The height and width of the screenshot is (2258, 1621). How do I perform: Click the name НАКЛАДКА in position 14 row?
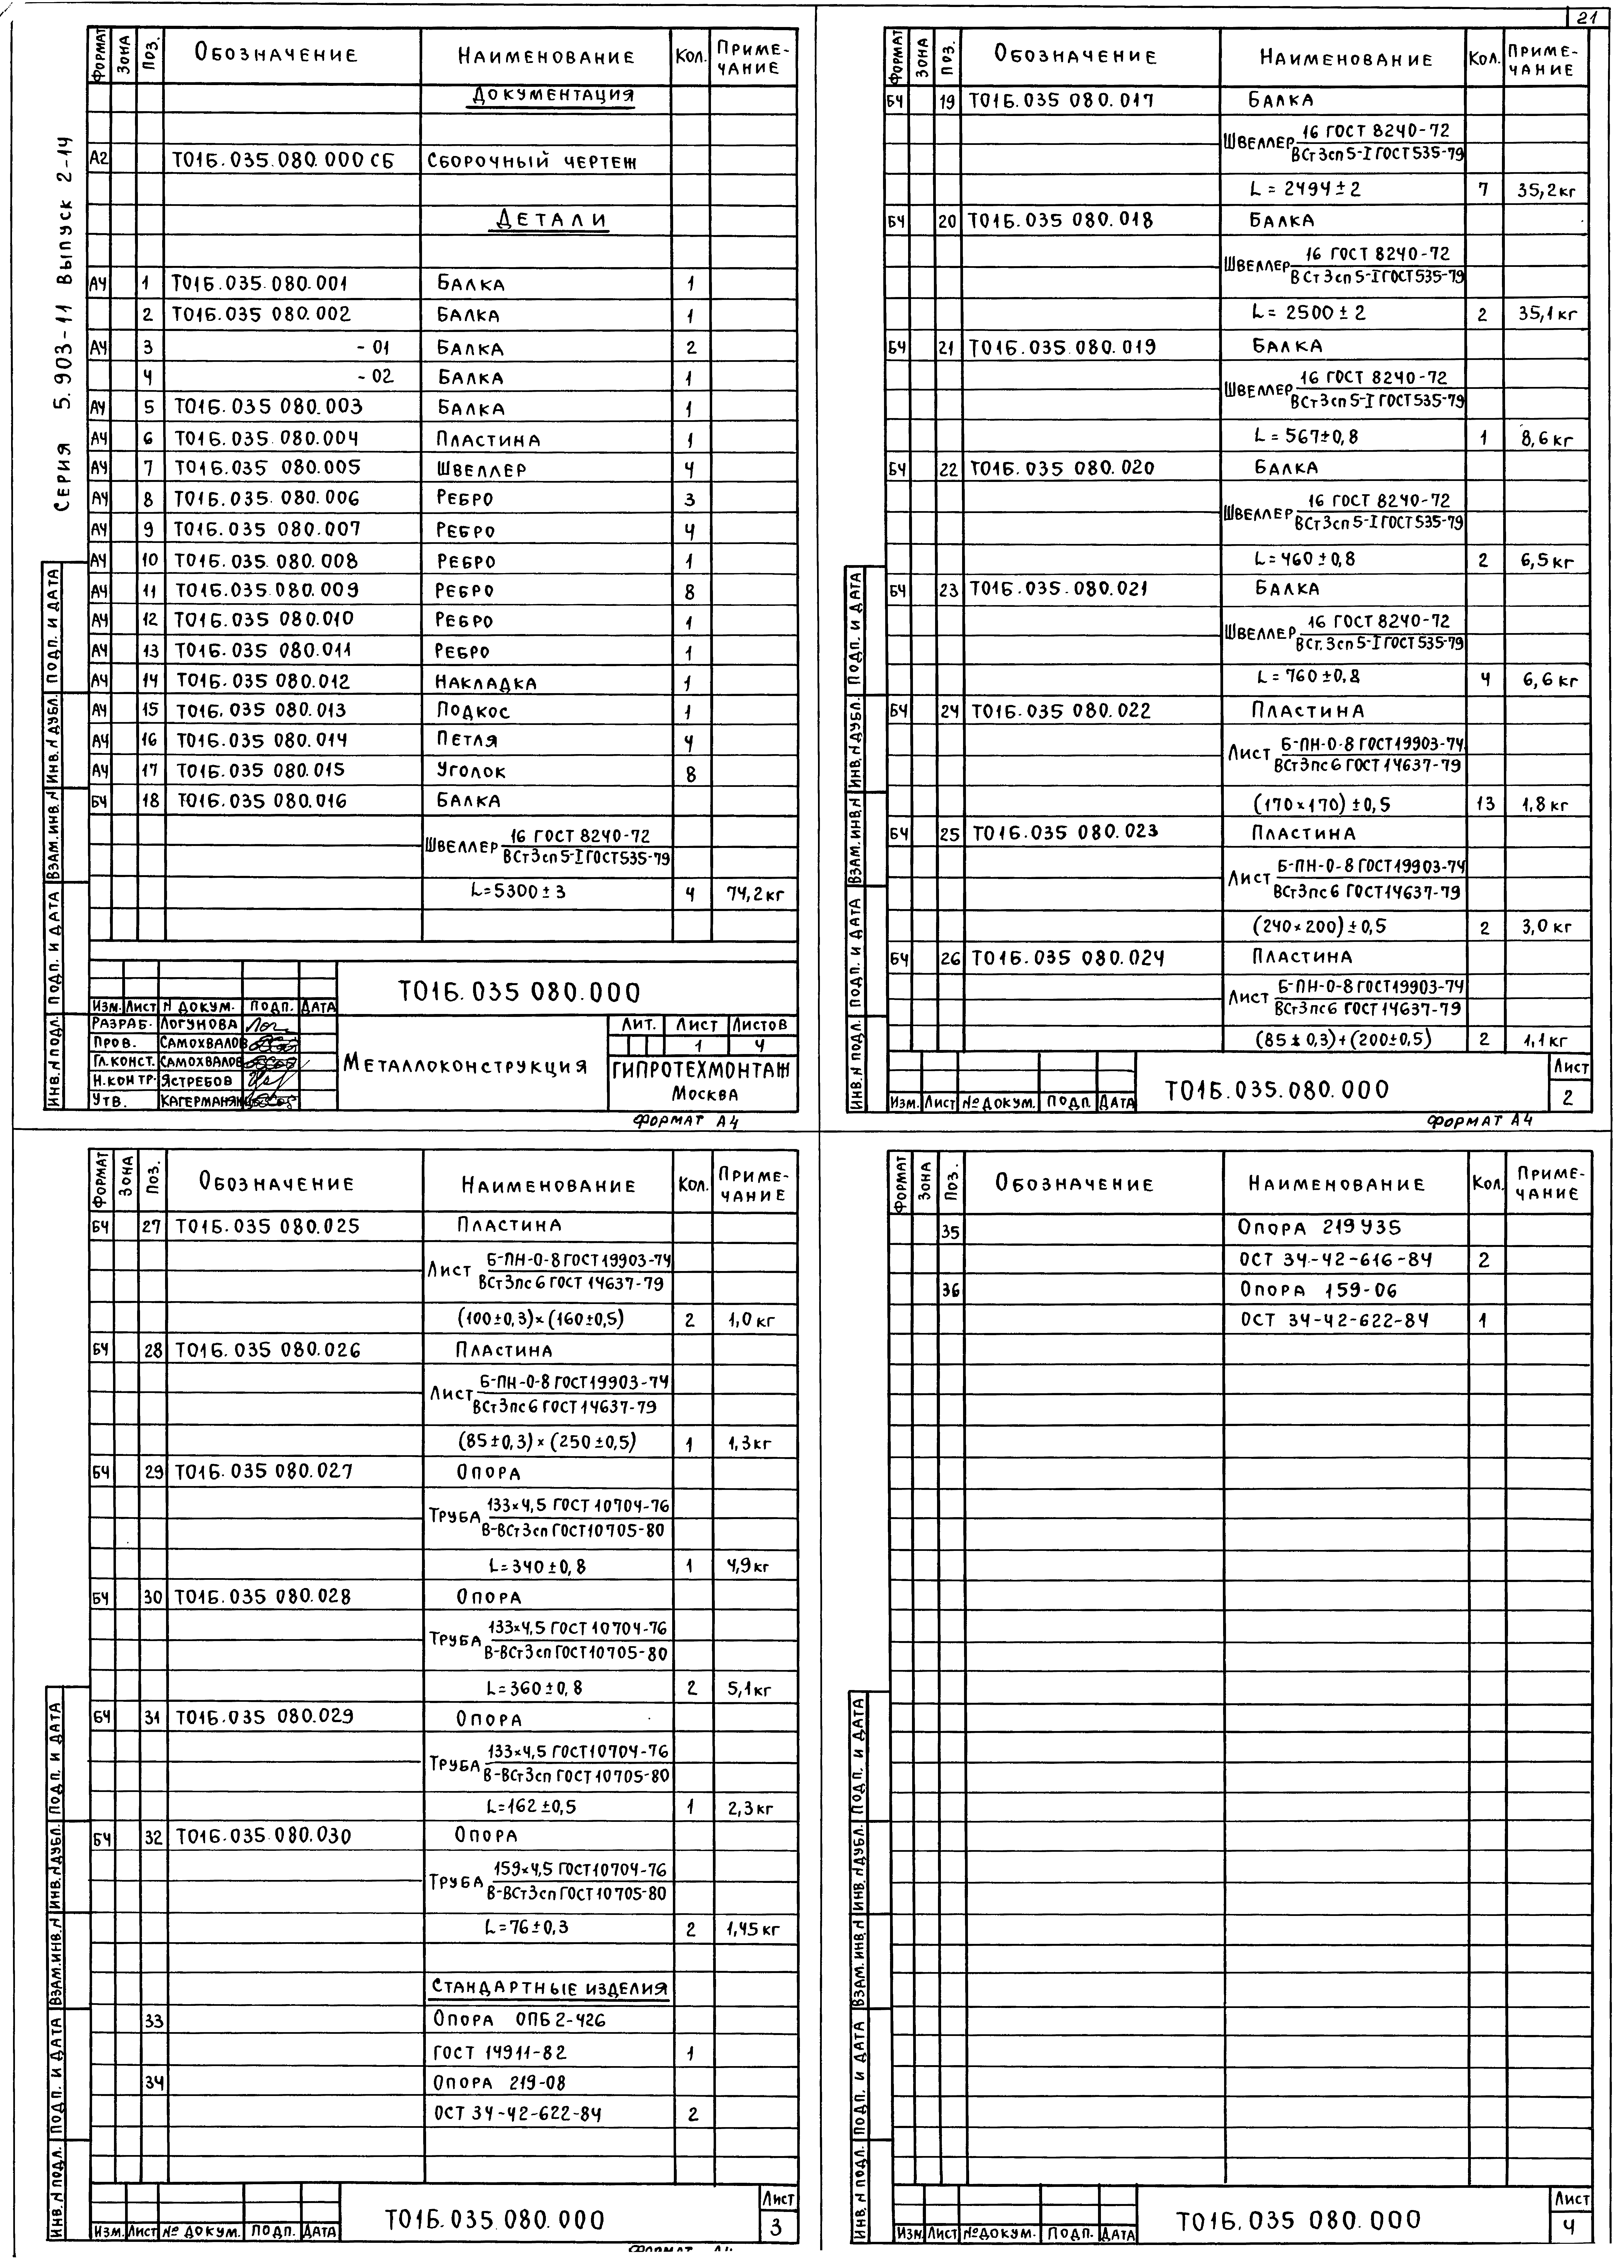tap(486, 683)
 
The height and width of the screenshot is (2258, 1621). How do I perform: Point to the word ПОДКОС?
tap(473, 712)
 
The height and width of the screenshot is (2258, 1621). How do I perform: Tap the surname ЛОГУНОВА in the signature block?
tap(199, 1023)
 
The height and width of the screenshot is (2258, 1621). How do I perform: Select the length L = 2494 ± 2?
tap(1306, 188)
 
